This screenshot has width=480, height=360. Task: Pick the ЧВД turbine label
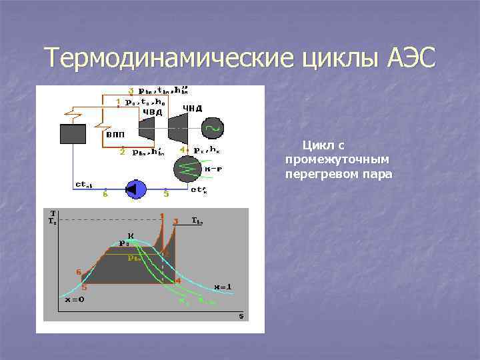click(150, 112)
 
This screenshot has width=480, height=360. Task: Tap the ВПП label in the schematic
click(114, 135)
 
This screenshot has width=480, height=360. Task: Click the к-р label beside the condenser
click(213, 168)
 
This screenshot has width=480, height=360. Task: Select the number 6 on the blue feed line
click(104, 195)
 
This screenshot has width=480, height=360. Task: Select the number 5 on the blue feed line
click(166, 195)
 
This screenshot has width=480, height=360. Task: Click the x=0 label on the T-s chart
click(74, 300)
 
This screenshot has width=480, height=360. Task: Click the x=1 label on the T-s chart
click(222, 287)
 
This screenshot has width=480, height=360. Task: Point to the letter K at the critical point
click(131, 235)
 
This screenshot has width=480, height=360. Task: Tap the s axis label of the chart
click(241, 316)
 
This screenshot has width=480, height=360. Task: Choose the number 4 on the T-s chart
click(178, 281)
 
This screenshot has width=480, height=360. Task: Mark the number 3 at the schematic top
click(131, 91)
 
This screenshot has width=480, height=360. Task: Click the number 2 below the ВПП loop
click(122, 152)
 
